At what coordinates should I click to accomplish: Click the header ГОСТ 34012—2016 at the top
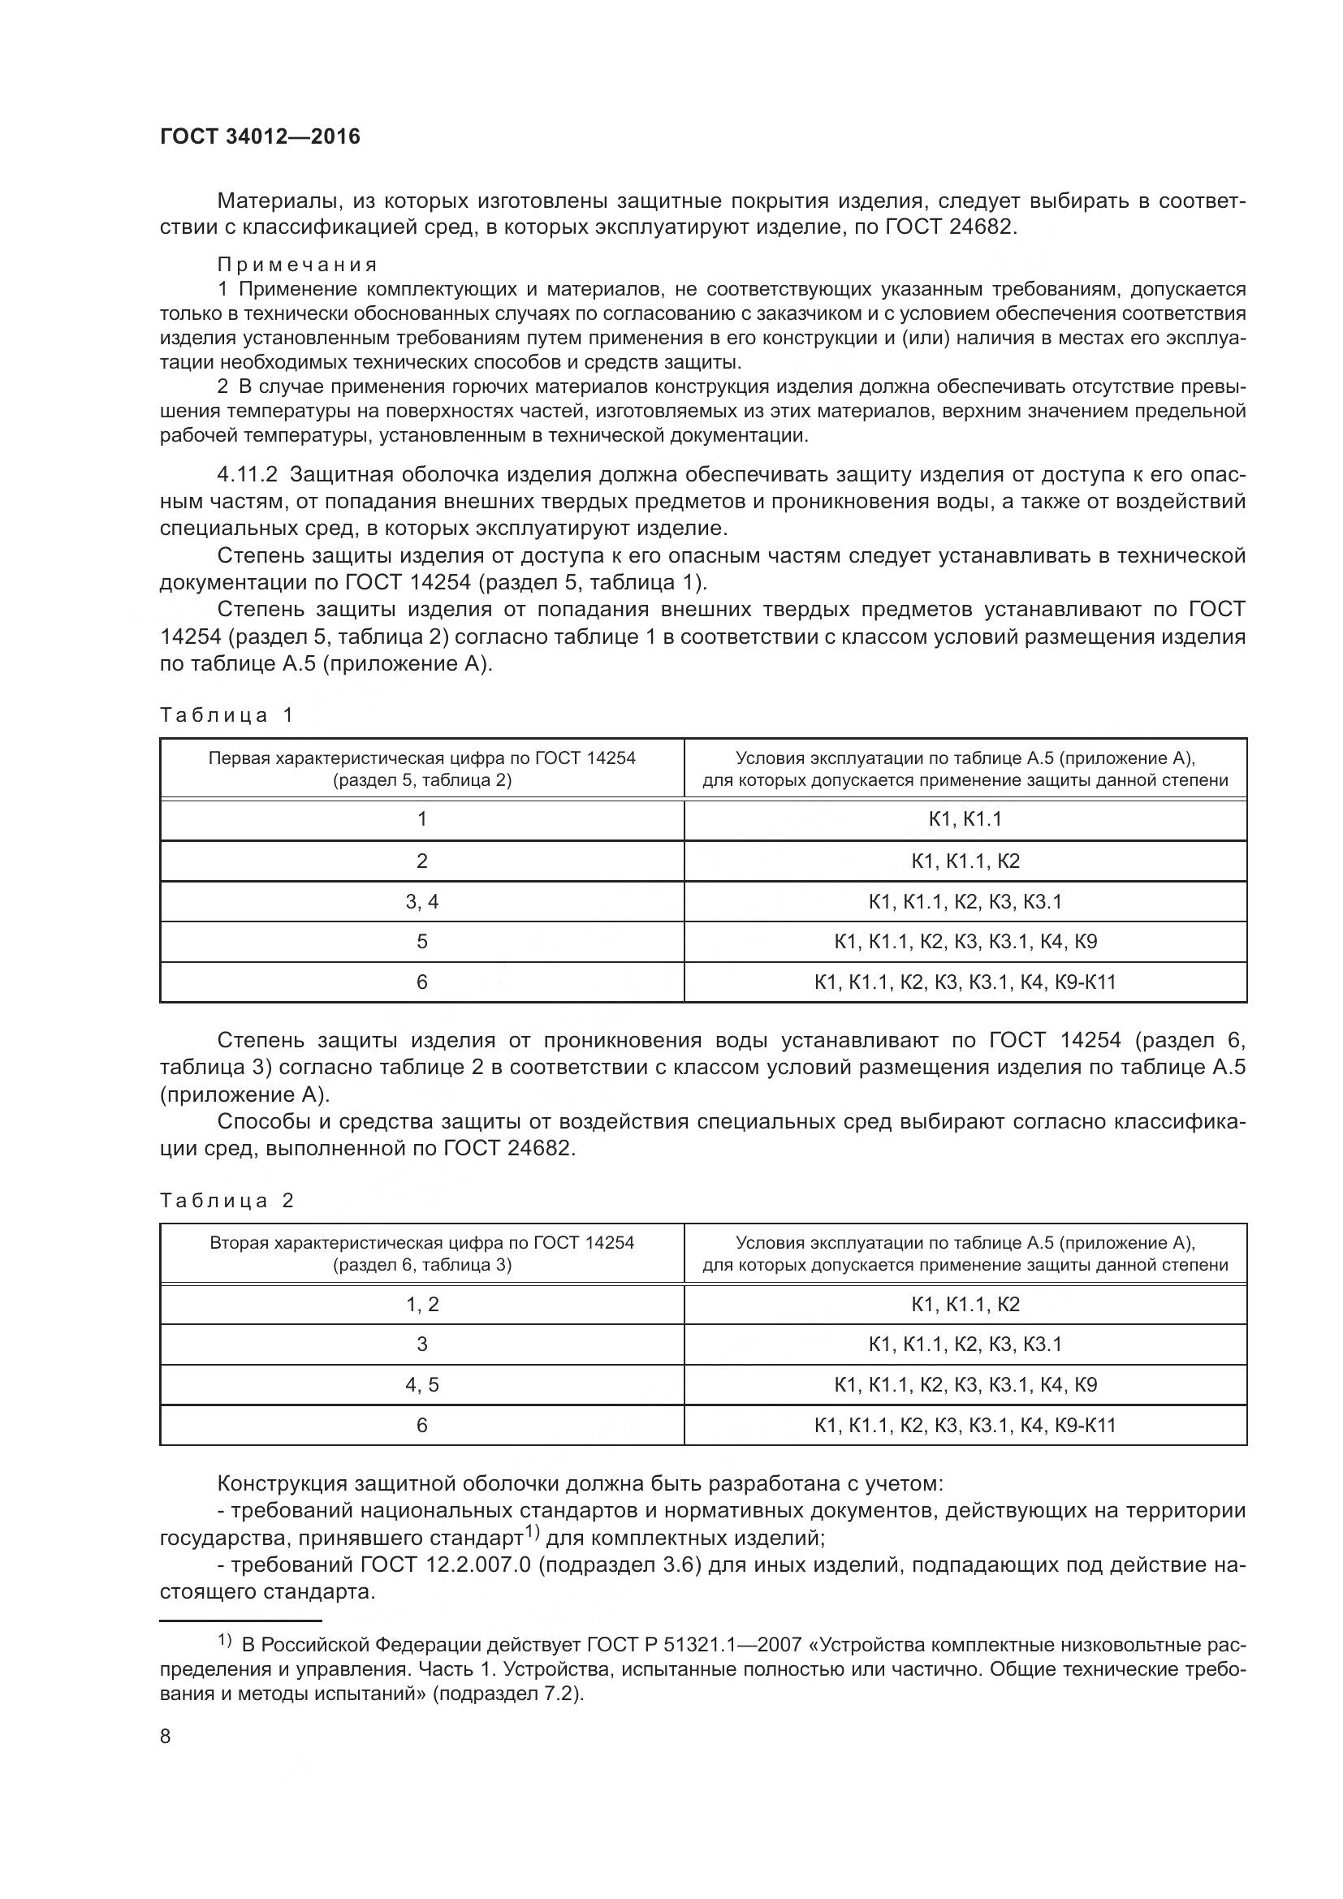(x=260, y=137)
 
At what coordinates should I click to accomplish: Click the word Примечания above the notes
(x=297, y=265)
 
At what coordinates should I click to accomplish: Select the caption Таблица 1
(x=227, y=714)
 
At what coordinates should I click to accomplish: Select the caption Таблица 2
(x=227, y=1200)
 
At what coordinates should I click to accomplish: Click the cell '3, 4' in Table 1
(x=421, y=901)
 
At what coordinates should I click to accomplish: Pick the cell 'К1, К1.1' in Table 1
(x=965, y=819)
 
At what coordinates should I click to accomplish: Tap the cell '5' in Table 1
(x=421, y=941)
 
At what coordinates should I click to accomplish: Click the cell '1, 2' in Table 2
(x=421, y=1305)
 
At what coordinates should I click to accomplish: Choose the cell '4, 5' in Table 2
(x=421, y=1384)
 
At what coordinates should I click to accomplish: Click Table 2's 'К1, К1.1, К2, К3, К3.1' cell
(x=965, y=1344)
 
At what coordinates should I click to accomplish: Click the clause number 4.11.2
(x=248, y=475)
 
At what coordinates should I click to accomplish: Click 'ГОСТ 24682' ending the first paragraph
(x=948, y=227)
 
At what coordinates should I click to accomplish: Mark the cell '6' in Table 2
(x=421, y=1425)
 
